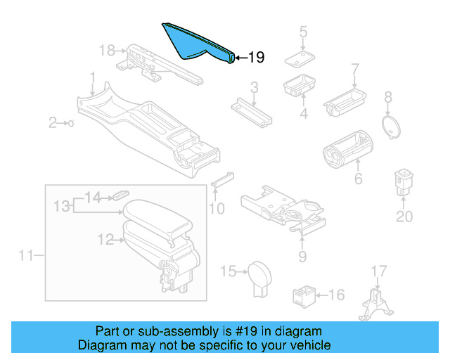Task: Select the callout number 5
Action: click(x=303, y=31)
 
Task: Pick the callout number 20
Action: click(x=404, y=217)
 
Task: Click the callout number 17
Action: click(x=378, y=270)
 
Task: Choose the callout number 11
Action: click(x=26, y=256)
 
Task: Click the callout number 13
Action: click(x=63, y=205)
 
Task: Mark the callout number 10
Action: click(x=217, y=208)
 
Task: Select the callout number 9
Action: click(x=302, y=256)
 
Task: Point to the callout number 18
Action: click(x=106, y=50)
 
